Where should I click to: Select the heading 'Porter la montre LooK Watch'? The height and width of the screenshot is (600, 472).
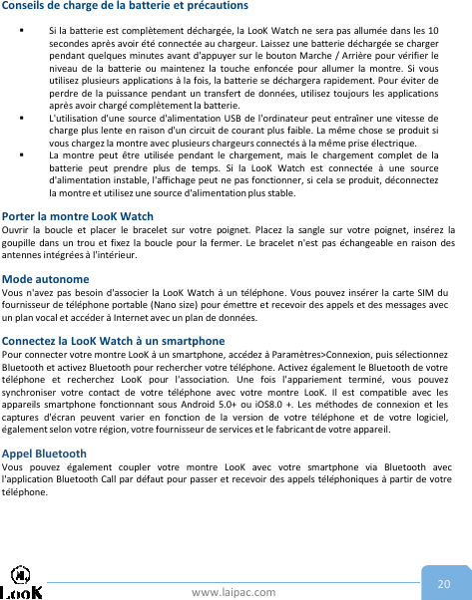(x=78, y=215)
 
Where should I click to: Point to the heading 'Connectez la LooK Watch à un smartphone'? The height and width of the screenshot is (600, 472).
(x=114, y=340)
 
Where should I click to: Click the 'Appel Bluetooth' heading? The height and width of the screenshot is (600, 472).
(x=45, y=452)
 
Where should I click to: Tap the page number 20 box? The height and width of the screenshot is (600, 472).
(x=443, y=583)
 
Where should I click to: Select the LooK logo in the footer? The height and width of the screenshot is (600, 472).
(x=22, y=583)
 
